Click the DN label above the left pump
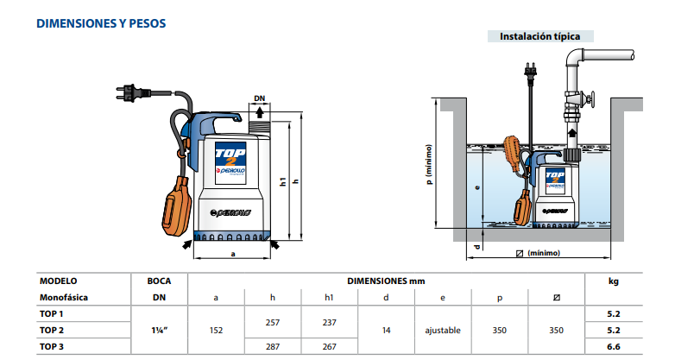click(261, 98)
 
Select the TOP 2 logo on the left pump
click(230, 157)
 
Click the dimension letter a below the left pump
click(232, 254)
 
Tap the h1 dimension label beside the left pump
click(284, 182)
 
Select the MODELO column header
click(59, 281)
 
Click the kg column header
click(614, 281)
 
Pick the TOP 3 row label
click(52, 346)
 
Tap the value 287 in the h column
click(273, 346)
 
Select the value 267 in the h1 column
click(329, 346)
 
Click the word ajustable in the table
click(442, 330)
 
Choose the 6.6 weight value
click(614, 346)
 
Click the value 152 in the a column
click(216, 330)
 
